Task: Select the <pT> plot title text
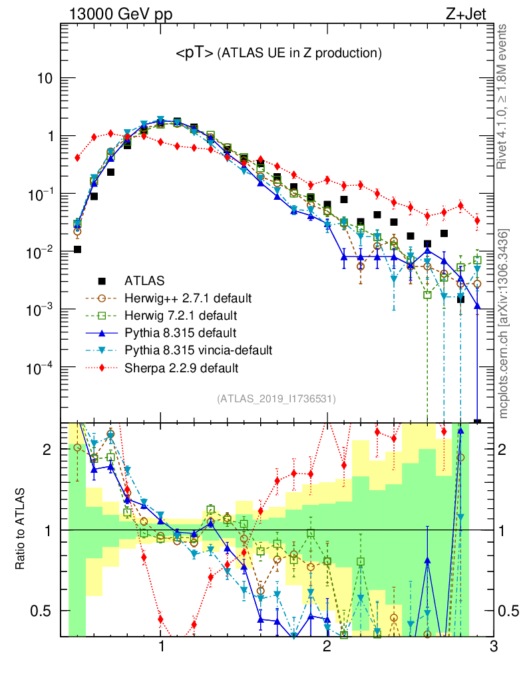[278, 53]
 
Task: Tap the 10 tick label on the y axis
[45, 78]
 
